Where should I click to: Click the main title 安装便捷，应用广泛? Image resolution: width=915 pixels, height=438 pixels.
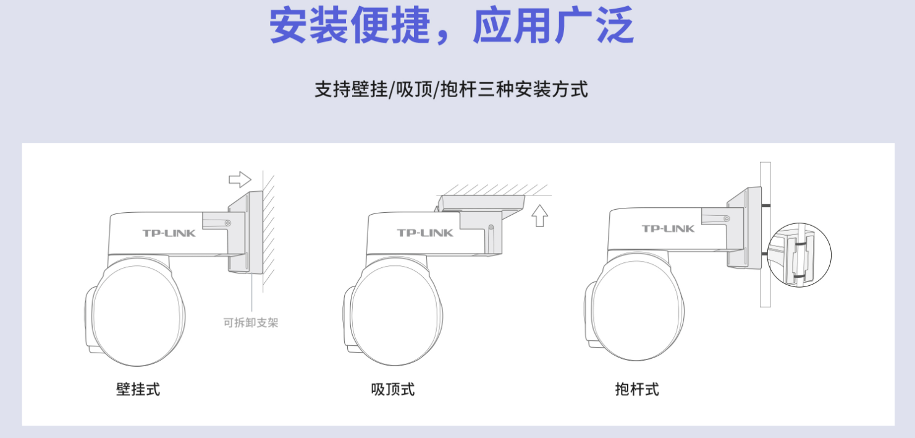[x=452, y=25]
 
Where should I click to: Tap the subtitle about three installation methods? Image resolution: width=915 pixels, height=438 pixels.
[x=452, y=89]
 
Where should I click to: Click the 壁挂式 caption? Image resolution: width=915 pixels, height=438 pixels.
[x=138, y=389]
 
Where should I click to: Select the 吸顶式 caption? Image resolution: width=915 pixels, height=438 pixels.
[x=392, y=389]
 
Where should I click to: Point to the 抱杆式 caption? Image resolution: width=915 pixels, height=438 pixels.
[x=637, y=389]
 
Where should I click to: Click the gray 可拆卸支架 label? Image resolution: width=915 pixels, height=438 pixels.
[x=251, y=323]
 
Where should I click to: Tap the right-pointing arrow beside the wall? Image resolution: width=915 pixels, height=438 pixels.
[x=240, y=179]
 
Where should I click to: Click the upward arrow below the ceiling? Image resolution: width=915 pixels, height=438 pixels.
[x=539, y=215]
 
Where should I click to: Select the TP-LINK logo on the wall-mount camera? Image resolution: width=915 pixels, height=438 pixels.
[x=169, y=233]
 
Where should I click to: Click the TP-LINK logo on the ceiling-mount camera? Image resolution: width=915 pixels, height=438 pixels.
[x=425, y=233]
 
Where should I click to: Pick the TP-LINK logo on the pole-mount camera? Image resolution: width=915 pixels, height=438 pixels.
[x=668, y=229]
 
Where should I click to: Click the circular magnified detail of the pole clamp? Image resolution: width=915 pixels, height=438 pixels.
[x=799, y=255]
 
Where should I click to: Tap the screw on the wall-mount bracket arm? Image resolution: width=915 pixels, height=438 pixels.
[x=228, y=223]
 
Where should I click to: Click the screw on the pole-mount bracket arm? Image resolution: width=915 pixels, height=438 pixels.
[x=727, y=219]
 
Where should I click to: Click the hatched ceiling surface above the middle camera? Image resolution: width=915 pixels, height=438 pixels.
[x=494, y=190]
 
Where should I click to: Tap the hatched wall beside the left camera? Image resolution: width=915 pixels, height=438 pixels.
[x=268, y=229]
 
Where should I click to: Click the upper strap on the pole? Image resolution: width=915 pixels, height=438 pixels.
[x=766, y=205]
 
